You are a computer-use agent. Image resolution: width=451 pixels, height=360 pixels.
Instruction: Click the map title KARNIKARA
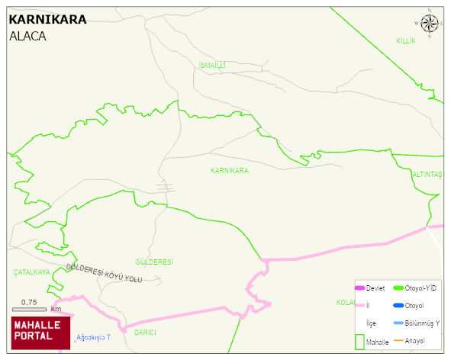47,20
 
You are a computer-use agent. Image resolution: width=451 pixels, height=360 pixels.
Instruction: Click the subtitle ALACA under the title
27,36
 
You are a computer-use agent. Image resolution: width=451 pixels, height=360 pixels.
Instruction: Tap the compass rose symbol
430,24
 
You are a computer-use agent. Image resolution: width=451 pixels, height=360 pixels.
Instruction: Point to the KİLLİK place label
405,40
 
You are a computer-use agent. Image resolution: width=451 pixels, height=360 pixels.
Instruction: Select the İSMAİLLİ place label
212,66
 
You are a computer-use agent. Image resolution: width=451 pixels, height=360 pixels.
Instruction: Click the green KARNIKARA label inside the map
229,170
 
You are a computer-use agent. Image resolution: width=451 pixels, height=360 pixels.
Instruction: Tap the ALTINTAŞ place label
427,175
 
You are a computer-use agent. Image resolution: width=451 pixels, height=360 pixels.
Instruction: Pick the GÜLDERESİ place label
153,262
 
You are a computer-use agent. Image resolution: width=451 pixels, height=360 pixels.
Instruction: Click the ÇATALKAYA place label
32,272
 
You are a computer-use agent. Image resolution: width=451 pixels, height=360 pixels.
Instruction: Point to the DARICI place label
145,333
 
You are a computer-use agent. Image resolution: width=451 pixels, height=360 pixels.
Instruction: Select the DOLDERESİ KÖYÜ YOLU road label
105,273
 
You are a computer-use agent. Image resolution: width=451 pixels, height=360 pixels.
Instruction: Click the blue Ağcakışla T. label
95,337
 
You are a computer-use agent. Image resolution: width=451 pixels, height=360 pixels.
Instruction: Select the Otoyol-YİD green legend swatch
398,288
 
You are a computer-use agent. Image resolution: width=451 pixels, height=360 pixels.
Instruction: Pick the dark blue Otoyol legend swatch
398,306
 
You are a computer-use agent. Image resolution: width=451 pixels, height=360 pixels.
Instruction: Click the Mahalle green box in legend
360,341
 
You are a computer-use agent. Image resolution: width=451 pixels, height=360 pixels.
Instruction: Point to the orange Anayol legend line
398,341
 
